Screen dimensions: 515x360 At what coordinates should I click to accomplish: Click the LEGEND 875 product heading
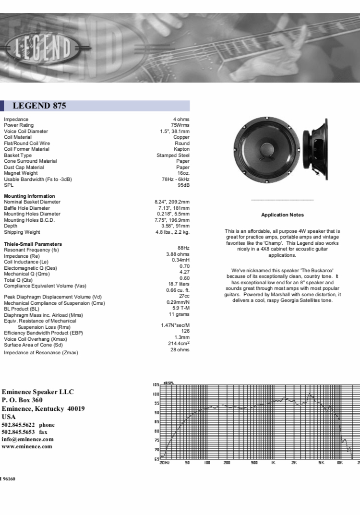tap(39, 106)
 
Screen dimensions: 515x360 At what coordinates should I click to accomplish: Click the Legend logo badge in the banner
tap(41, 48)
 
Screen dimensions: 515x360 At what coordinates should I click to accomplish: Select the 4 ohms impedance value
tap(181, 120)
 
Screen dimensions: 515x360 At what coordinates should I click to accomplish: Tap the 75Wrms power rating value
tap(180, 125)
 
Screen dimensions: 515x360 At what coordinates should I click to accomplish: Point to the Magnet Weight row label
tap(21, 173)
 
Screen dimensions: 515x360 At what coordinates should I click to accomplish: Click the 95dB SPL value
tap(183, 185)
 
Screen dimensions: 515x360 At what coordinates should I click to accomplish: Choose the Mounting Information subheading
tap(29, 196)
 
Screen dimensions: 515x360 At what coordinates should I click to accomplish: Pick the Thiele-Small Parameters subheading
tap(33, 244)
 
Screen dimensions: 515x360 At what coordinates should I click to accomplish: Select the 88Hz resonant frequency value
tap(183, 248)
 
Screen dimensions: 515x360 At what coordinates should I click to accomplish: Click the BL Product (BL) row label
tap(22, 309)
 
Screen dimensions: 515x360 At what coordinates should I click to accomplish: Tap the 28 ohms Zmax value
tap(180, 349)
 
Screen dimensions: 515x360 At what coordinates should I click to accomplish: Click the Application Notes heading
tap(282, 215)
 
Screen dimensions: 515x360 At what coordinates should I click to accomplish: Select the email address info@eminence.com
tap(27, 439)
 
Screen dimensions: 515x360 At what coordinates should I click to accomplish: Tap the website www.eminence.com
tap(27, 446)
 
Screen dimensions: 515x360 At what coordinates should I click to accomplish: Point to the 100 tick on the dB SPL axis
tap(156, 394)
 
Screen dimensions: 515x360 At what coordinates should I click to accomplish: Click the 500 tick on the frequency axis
tap(254, 463)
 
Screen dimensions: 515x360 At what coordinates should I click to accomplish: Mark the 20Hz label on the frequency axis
tap(164, 463)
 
